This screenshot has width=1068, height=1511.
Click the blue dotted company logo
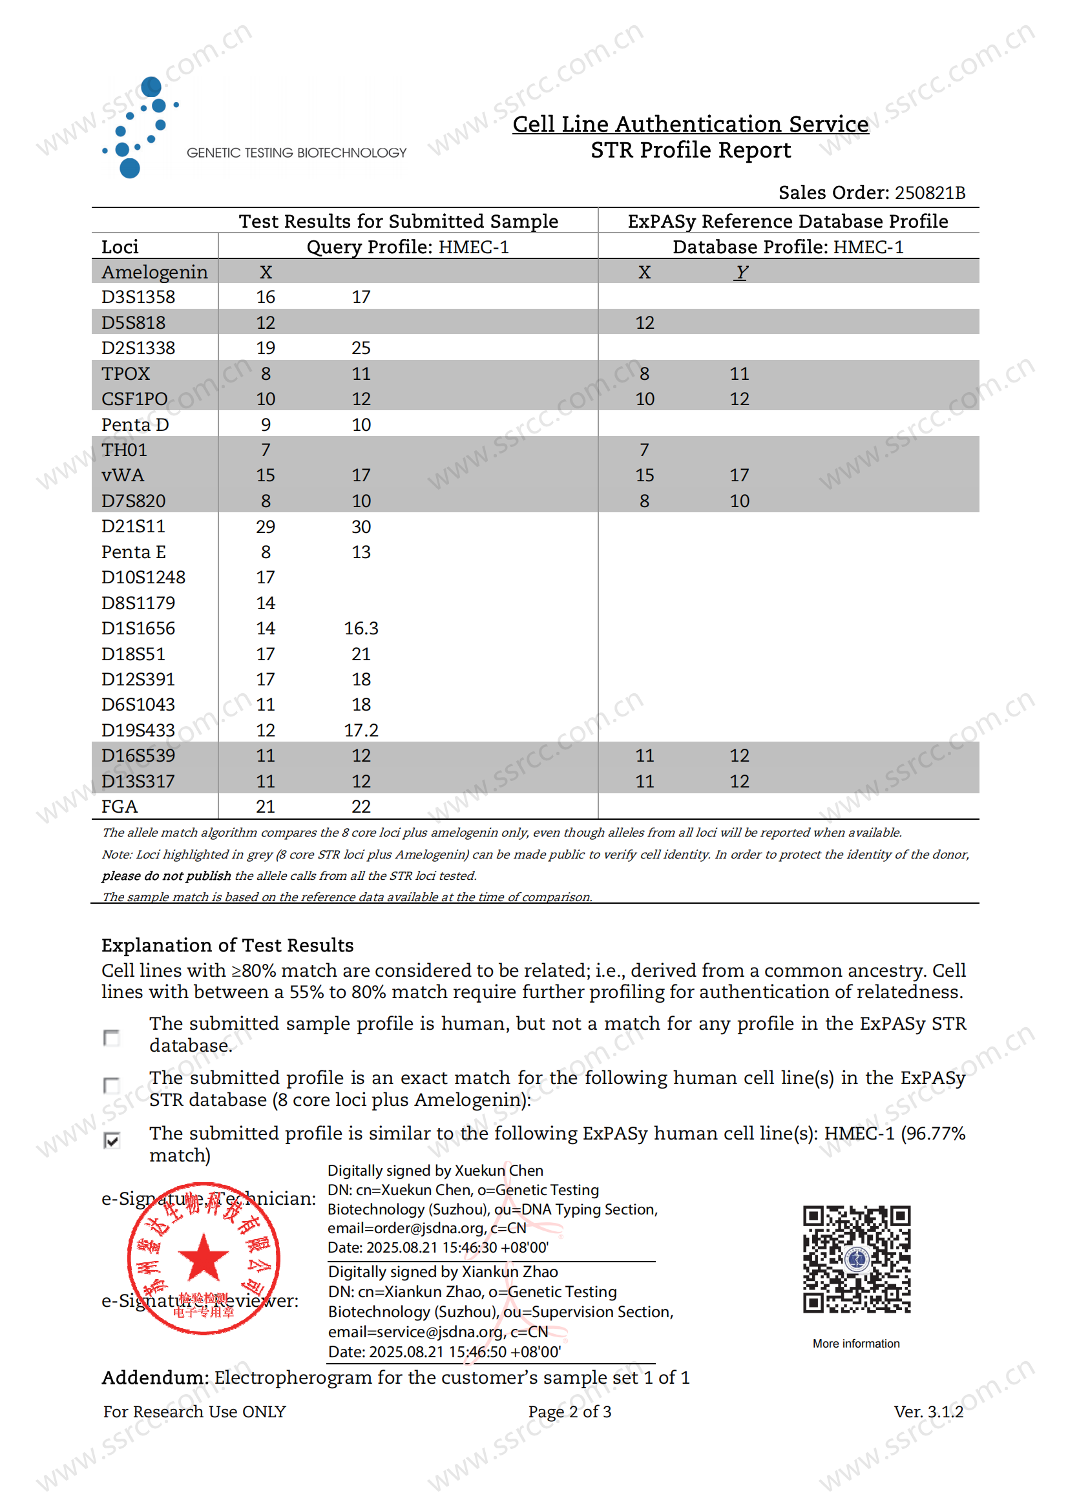pyautogui.click(x=140, y=127)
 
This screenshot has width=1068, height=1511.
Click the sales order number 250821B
pyautogui.click(x=929, y=193)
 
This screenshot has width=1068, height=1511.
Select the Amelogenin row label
pyautogui.click(x=154, y=272)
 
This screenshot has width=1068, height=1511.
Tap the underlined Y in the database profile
pyautogui.click(x=741, y=272)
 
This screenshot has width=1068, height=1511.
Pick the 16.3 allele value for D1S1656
pyautogui.click(x=361, y=629)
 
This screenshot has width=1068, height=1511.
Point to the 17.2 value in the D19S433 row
pyautogui.click(x=361, y=730)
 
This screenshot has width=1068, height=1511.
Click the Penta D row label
pyautogui.click(x=135, y=424)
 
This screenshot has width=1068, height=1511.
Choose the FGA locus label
pyautogui.click(x=119, y=806)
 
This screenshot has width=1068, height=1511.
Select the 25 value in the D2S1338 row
pyautogui.click(x=361, y=348)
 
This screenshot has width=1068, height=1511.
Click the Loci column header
pyautogui.click(x=120, y=247)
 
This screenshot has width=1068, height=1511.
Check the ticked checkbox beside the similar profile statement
pyautogui.click(x=112, y=1140)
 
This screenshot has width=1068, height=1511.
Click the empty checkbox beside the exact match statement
pyautogui.click(x=112, y=1085)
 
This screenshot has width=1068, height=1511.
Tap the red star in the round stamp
pyautogui.click(x=204, y=1256)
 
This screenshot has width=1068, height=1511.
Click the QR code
pyautogui.click(x=856, y=1259)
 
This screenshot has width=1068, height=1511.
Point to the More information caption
pyautogui.click(x=855, y=1343)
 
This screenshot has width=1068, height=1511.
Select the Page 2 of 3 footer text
pyautogui.click(x=569, y=1411)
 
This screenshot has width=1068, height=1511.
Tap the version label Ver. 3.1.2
pyautogui.click(x=928, y=1411)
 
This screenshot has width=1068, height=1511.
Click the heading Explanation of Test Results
pyautogui.click(x=227, y=945)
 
